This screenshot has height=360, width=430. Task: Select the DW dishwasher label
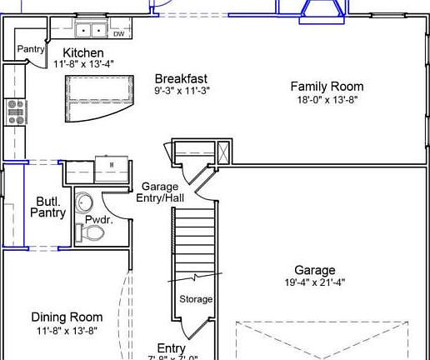[x=118, y=34]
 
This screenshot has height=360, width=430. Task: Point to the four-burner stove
[x=16, y=112]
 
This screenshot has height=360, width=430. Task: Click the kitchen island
[x=101, y=90]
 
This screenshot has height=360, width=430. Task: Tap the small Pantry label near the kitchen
[x=31, y=49]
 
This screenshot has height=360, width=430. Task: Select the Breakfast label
[x=181, y=79]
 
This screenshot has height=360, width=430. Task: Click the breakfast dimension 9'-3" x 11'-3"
[x=181, y=90]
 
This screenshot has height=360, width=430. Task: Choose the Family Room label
[x=327, y=86]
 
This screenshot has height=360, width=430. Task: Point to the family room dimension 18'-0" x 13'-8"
[x=327, y=98]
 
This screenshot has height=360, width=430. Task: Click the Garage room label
[x=315, y=270]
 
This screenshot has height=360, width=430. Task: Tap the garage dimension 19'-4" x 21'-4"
[x=315, y=282]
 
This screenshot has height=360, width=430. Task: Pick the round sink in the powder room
[x=84, y=202]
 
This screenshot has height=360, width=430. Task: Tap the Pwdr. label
[x=98, y=220]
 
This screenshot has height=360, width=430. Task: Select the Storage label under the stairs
[x=196, y=299]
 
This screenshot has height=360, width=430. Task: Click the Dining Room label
[x=67, y=317]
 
